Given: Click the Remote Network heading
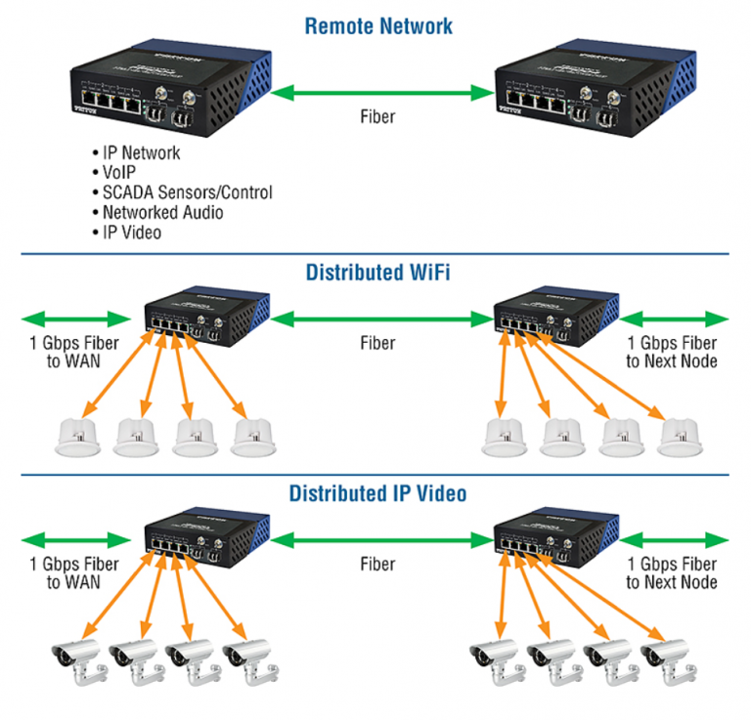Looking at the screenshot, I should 378,24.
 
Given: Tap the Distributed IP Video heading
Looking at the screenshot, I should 377,493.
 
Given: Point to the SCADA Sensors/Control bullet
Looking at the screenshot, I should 187,192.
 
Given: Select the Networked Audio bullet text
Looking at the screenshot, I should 162,212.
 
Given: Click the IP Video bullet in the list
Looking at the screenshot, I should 132,232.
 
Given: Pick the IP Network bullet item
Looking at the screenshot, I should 141,153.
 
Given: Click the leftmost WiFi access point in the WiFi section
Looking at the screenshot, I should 78,438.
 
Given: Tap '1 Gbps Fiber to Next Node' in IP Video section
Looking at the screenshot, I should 672,573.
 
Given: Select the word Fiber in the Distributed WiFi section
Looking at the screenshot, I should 377,343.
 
